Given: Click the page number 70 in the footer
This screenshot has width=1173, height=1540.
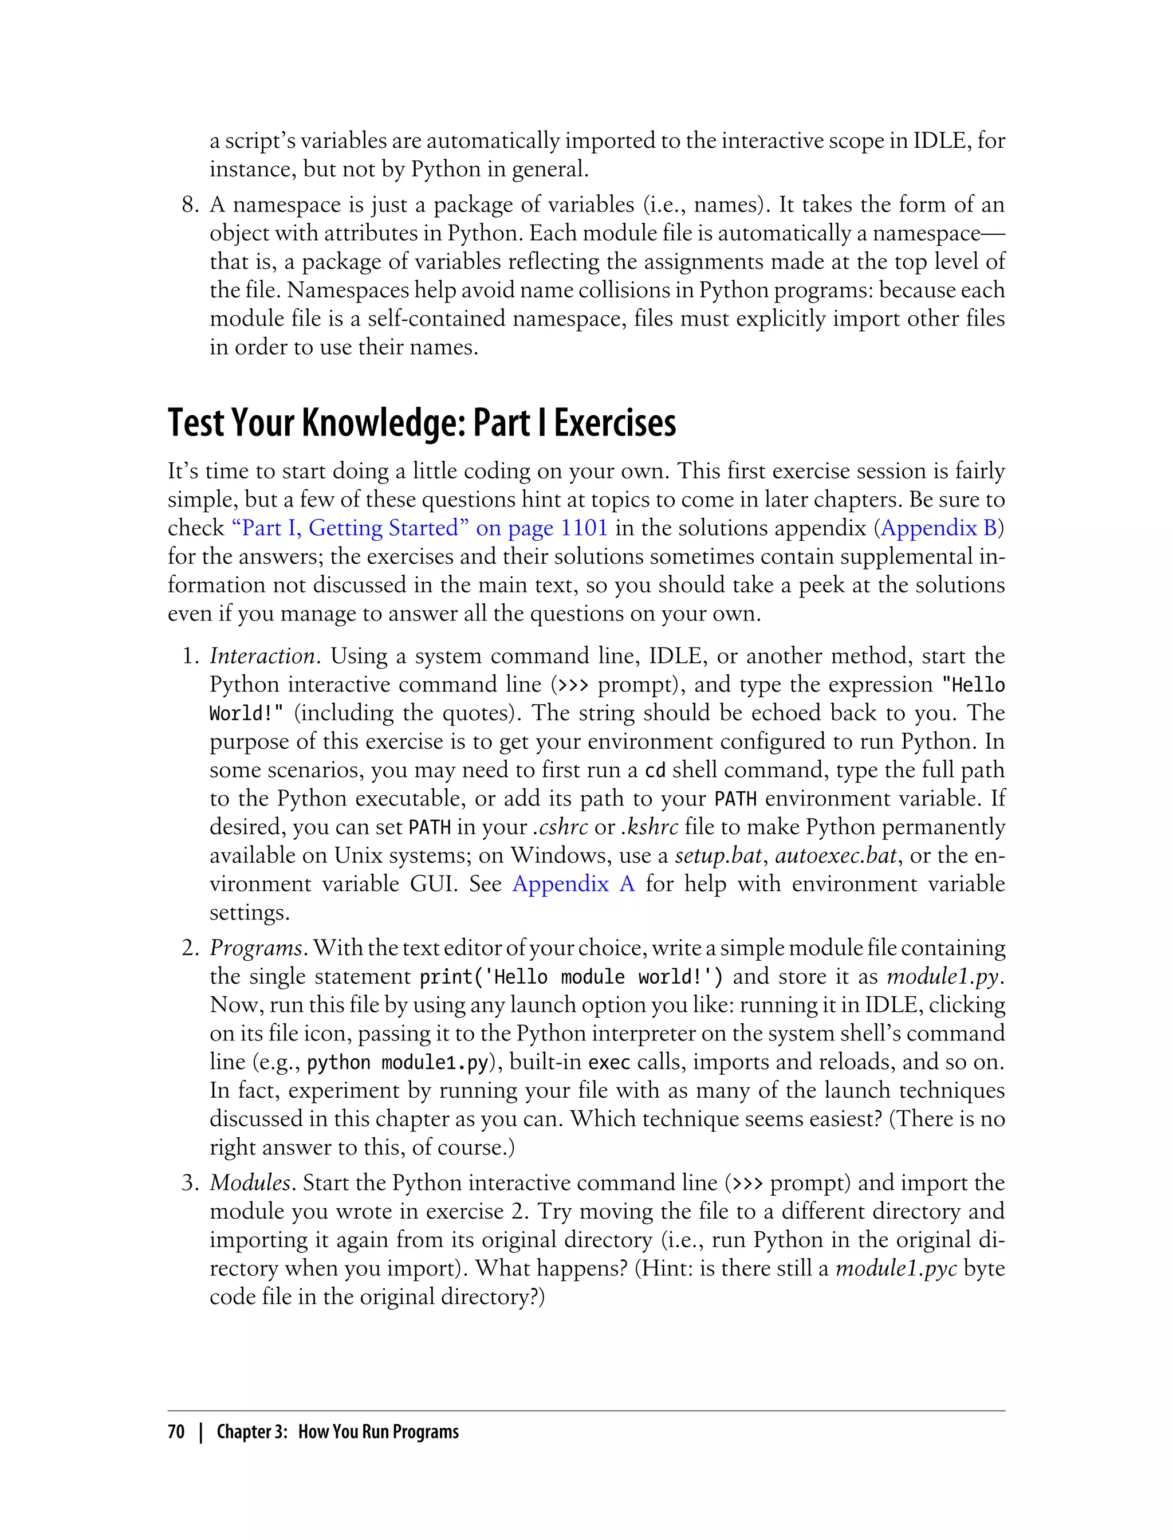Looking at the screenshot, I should (176, 1432).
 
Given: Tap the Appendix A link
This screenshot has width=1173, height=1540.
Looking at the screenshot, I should (573, 884).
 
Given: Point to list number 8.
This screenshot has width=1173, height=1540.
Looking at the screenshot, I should (191, 205).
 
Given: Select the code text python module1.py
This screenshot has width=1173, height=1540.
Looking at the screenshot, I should (397, 1062).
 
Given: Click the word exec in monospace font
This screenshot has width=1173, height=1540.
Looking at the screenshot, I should (609, 1062).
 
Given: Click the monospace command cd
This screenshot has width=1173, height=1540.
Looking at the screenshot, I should (654, 771).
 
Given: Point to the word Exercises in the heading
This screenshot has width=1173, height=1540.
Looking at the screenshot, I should (615, 424).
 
